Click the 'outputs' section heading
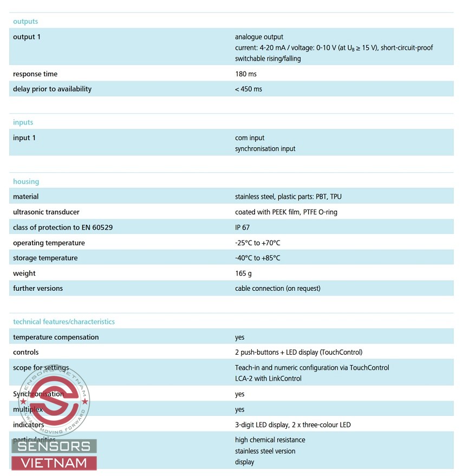click(x=25, y=22)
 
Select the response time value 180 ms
click(x=246, y=74)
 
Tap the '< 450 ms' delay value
click(x=249, y=89)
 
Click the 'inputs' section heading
click(x=23, y=122)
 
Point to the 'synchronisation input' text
click(x=265, y=149)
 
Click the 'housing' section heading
click(x=26, y=182)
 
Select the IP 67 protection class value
click(x=243, y=228)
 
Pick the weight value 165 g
click(x=243, y=273)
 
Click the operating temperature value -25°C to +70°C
click(x=258, y=243)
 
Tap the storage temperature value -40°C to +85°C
click(x=258, y=258)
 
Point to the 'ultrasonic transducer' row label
click(x=46, y=212)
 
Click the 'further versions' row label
click(x=38, y=289)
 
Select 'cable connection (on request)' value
click(x=278, y=289)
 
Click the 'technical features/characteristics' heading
click(x=64, y=322)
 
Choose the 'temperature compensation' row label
click(x=56, y=337)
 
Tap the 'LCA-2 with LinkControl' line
click(x=268, y=379)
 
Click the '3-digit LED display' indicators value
click(x=293, y=425)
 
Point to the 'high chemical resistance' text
click(x=270, y=440)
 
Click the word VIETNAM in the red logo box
click(x=54, y=463)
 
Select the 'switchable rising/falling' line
click(x=268, y=58)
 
